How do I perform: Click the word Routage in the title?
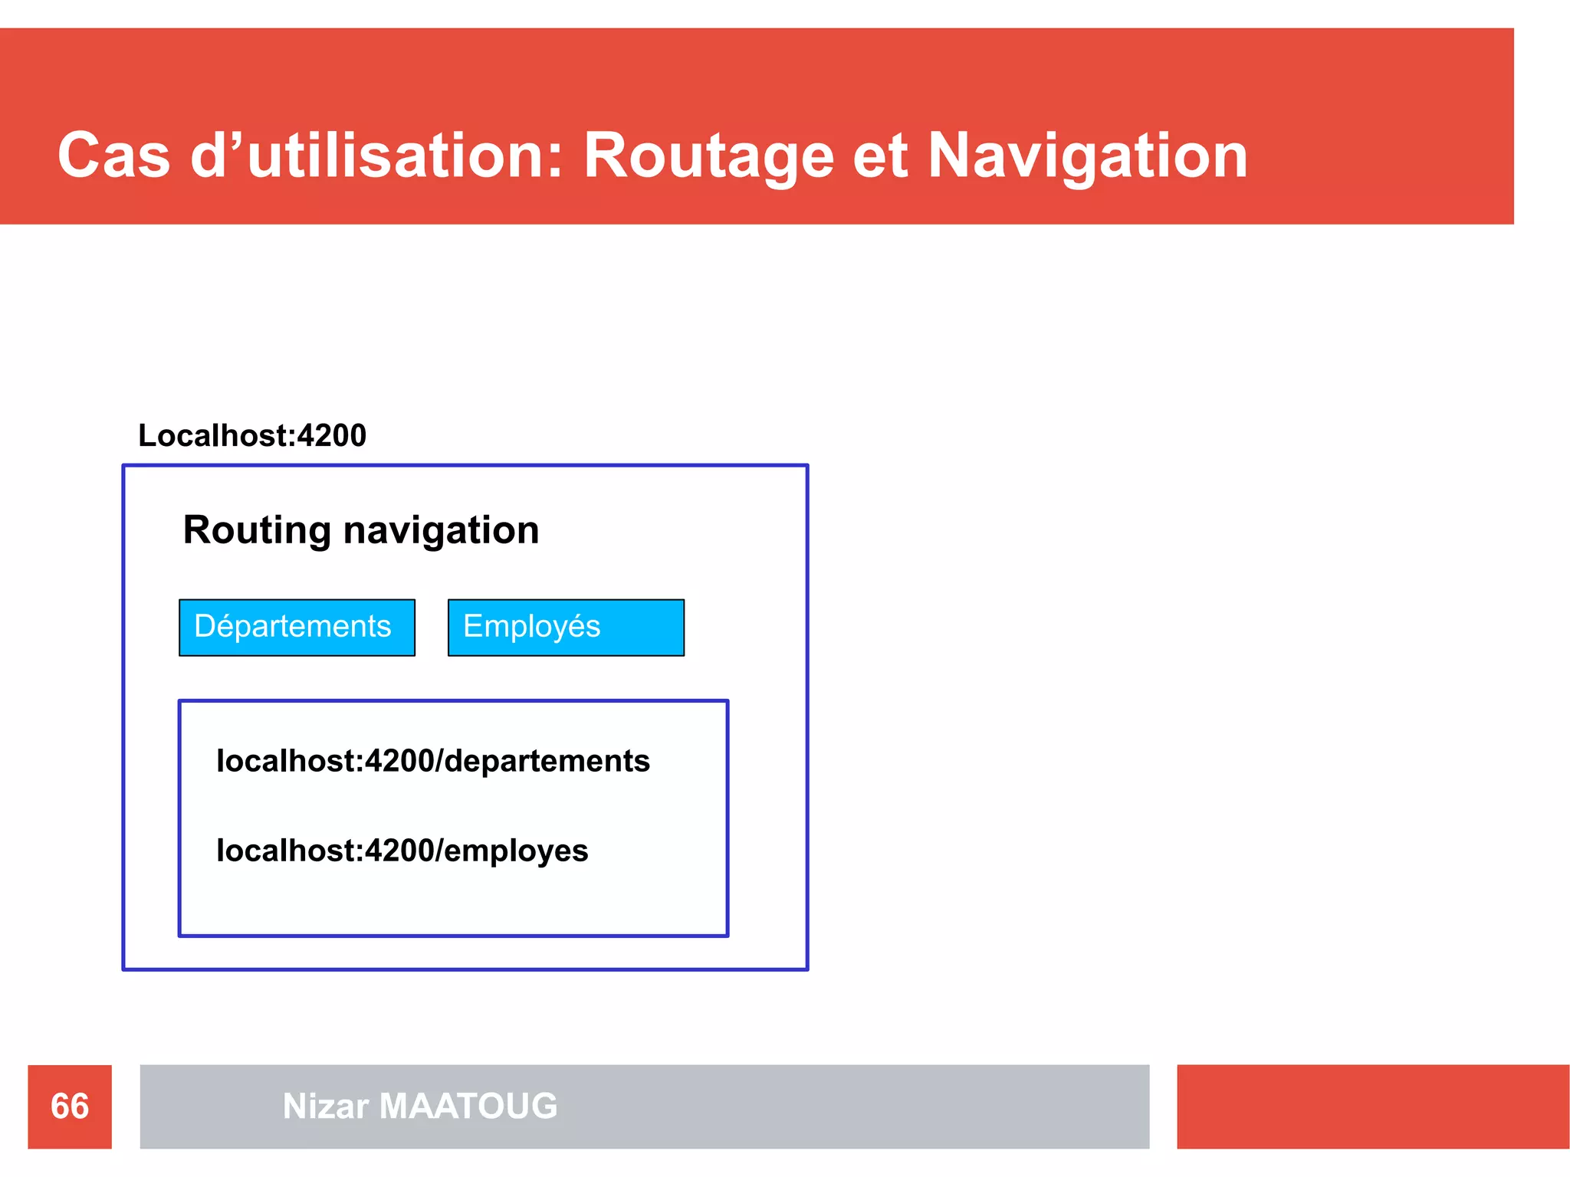[708, 156]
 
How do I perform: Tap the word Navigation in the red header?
[1088, 156]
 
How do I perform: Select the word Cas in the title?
[113, 156]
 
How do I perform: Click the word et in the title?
[880, 156]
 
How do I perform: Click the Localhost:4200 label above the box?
[252, 435]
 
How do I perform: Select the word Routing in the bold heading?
[257, 530]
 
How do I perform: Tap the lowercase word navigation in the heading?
[442, 530]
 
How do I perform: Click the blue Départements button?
[297, 628]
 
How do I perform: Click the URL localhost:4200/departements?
[433, 761]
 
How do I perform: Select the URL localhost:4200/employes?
[402, 851]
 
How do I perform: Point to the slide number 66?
[70, 1107]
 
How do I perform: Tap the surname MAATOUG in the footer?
[468, 1107]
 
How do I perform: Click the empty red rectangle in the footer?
[1372, 1107]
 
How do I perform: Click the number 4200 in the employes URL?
[399, 851]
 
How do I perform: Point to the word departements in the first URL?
[547, 761]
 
